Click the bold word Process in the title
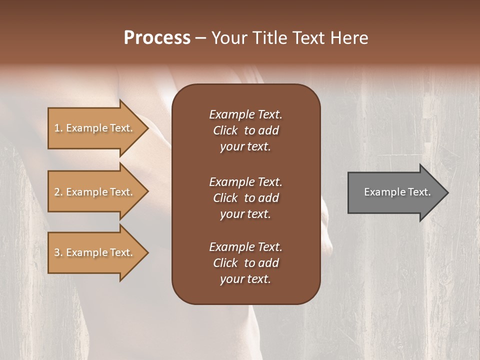157,38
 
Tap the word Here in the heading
349,38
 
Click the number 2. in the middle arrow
58,192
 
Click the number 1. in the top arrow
58,128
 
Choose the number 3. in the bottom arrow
58,252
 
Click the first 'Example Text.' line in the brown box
245,114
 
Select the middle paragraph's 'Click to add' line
245,198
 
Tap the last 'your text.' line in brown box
245,279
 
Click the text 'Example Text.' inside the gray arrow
397,192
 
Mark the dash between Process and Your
201,38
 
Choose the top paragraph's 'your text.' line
245,147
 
